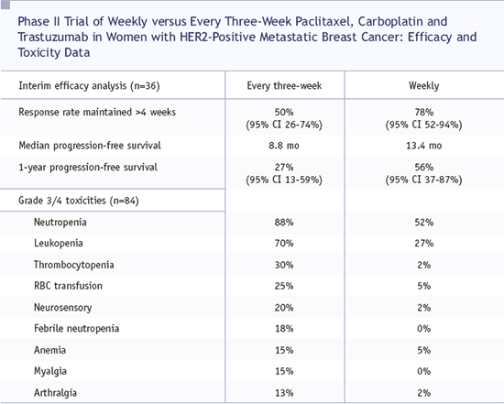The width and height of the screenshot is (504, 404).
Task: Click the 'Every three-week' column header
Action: coord(284,86)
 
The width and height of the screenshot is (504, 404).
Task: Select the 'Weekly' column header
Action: coord(424,86)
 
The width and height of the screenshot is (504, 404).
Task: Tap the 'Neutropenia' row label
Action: coord(60,223)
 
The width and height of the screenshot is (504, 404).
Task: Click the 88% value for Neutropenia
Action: coord(284,223)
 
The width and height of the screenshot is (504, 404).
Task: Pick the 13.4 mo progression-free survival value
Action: coord(424,146)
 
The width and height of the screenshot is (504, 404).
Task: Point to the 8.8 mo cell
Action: coord(284,146)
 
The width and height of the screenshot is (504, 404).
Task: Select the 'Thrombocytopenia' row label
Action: coord(74,265)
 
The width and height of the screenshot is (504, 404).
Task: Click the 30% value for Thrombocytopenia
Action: coord(284,265)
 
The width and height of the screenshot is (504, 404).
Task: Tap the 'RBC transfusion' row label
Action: coord(68,286)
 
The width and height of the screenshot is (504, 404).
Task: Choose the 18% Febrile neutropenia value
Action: coord(284,329)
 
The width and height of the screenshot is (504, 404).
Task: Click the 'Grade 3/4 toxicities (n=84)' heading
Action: coord(79,201)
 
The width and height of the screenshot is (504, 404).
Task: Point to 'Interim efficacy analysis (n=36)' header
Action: coord(89,86)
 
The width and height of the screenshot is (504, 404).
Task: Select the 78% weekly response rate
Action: coord(424,112)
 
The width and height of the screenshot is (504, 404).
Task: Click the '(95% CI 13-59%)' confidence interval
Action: coord(284,180)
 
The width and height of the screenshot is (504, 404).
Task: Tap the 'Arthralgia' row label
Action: coord(55,393)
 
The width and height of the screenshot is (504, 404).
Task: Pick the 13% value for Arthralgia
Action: coord(284,393)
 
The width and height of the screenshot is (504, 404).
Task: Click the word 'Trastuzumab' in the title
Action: coord(53,37)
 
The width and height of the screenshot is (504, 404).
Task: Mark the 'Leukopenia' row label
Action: coord(59,244)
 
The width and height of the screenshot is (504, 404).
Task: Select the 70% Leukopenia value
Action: coord(284,244)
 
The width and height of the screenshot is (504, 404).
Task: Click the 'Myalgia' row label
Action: coord(50,371)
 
